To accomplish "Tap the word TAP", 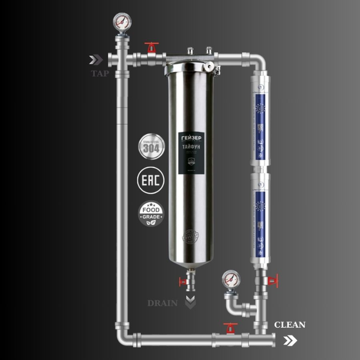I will tap(100, 74).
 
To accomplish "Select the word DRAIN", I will tap(163, 303).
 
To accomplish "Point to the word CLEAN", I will tap(290, 325).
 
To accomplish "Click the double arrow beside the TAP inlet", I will tap(95, 59).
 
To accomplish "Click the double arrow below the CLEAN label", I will tap(290, 340).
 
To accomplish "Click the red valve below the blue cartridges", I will tap(273, 280).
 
